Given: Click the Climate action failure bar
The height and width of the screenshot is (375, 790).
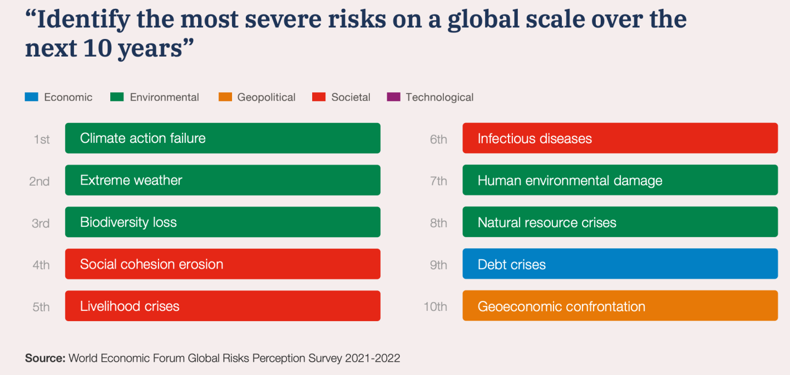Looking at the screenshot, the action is (x=223, y=138).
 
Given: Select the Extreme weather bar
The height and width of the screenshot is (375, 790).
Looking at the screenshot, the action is (x=223, y=180).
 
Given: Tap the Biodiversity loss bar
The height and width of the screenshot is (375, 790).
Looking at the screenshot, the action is (x=223, y=222).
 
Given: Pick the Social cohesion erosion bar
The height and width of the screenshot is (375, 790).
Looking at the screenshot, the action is (x=223, y=264).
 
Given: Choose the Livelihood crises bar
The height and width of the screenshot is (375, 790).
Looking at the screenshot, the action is (x=223, y=306).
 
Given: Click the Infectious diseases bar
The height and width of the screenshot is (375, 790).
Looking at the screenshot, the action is (x=620, y=138).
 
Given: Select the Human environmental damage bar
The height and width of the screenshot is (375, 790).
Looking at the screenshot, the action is (x=620, y=180).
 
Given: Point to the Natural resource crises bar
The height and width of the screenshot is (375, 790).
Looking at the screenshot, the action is (x=620, y=222).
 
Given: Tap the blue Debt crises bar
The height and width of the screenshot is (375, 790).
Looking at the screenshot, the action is (x=620, y=264).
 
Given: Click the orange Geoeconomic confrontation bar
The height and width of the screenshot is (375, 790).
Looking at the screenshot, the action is (x=620, y=306).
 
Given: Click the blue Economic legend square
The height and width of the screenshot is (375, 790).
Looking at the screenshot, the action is (x=31, y=97).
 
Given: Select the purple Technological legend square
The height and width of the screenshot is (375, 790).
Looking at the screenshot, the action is (x=393, y=97).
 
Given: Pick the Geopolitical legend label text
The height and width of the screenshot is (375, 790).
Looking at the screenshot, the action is (x=266, y=97).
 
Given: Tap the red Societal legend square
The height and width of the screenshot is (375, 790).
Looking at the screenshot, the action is (x=319, y=97).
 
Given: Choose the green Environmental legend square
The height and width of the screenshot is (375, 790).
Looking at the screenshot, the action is (x=117, y=97).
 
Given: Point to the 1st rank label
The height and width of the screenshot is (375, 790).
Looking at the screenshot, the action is (x=42, y=139).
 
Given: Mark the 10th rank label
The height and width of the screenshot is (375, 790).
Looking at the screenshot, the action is (x=435, y=306).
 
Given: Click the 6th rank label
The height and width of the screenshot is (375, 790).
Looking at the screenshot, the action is (x=438, y=139).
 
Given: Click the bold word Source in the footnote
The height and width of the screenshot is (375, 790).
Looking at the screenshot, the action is (x=45, y=358).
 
